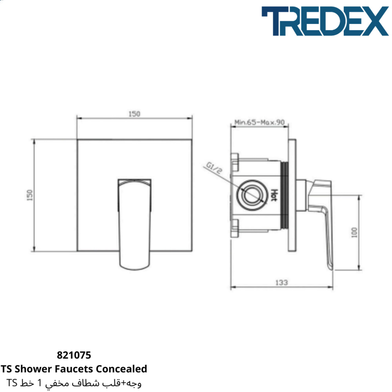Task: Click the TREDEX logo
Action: click(x=325, y=21)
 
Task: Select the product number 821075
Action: click(x=74, y=355)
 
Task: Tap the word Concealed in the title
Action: click(x=122, y=369)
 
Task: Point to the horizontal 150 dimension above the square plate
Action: click(x=134, y=114)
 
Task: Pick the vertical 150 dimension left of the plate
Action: click(x=30, y=195)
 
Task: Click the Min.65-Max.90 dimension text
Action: click(x=260, y=122)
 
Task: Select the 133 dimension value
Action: click(x=282, y=283)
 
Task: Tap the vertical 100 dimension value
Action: click(x=354, y=232)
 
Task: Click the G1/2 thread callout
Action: click(x=214, y=168)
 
